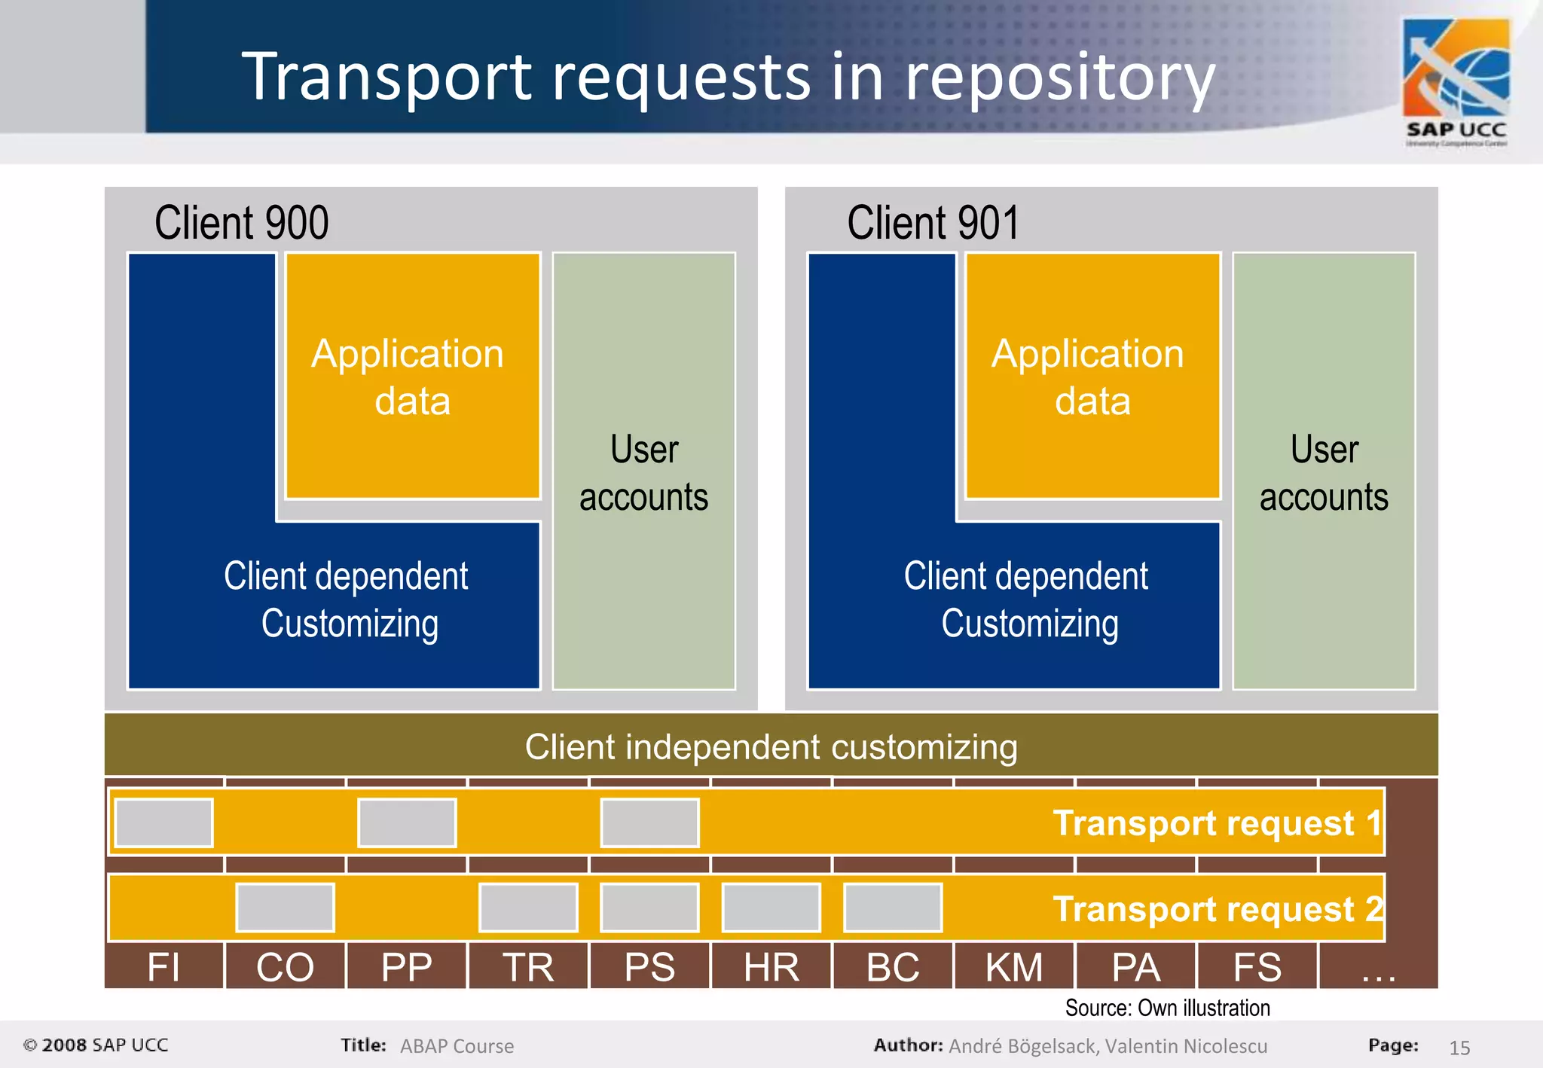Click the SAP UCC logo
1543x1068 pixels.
pos(1456,81)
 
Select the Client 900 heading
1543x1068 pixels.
pos(241,223)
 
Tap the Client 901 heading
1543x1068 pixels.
pos(933,223)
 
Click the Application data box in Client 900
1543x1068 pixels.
pos(412,377)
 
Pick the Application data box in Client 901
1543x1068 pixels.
pos(1092,377)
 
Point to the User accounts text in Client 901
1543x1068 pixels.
pos(1324,473)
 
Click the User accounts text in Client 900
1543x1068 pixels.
pos(644,473)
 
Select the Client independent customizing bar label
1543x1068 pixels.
pos(771,747)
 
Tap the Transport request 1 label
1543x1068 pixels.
pos(1217,822)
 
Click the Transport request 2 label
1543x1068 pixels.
pos(1217,908)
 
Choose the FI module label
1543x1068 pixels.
pos(163,967)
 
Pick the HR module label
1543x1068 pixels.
pos(771,967)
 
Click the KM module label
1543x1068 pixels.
pos(1014,967)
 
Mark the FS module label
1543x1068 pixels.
pos(1257,967)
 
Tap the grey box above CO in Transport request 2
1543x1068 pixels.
pos(285,908)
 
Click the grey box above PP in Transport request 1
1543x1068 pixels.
pos(407,822)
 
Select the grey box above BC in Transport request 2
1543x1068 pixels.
pos(893,908)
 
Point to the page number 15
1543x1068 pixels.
pos(1459,1048)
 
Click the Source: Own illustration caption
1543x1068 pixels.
pos(1167,1008)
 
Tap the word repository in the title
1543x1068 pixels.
pos(1060,78)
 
